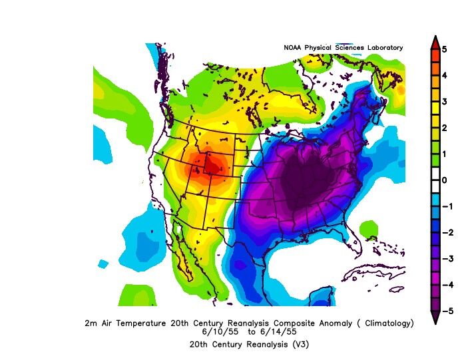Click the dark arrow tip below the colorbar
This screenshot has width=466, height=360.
click(x=435, y=317)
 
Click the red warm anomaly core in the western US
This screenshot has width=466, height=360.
click(x=212, y=163)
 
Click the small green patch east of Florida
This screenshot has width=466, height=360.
click(x=368, y=230)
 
